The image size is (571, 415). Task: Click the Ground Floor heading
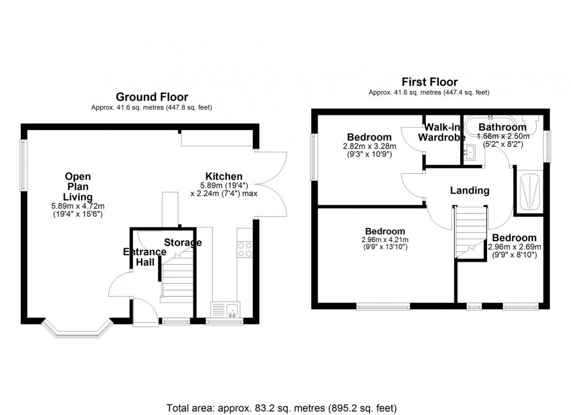151,97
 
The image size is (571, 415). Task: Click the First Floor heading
429,82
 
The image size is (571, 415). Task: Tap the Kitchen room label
224,177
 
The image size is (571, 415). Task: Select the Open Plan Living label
77,187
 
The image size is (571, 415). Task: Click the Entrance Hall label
144,257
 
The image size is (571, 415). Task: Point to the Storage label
182,242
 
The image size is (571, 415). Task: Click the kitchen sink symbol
224,310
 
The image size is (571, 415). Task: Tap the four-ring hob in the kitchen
245,249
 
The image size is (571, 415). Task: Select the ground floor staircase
176,280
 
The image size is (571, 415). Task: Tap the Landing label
470,191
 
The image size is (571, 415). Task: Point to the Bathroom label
502,127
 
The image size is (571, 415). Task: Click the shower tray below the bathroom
528,190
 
